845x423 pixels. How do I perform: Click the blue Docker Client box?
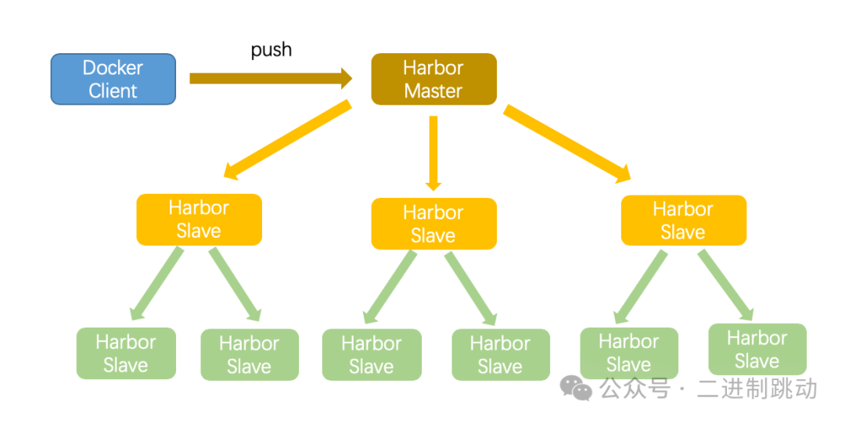pyautogui.click(x=113, y=79)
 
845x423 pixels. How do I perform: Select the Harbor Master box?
pyautogui.click(x=433, y=79)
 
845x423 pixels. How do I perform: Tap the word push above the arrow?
pyautogui.click(x=271, y=50)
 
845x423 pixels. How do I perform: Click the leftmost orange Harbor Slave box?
pyautogui.click(x=199, y=220)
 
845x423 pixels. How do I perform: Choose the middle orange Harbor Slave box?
pyautogui.click(x=433, y=224)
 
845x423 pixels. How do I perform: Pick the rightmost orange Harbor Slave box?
pyautogui.click(x=683, y=220)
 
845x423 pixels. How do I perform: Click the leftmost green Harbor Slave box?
pyautogui.click(x=126, y=353)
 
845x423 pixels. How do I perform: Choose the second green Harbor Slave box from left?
pyautogui.click(x=249, y=354)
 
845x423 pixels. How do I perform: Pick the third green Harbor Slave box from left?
pyautogui.click(x=372, y=354)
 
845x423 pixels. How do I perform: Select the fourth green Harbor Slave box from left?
pyautogui.click(x=500, y=354)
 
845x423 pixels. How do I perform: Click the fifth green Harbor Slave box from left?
pyautogui.click(x=629, y=353)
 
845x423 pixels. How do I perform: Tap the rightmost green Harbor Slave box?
pyautogui.click(x=757, y=349)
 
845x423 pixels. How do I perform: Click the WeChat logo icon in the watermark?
pyautogui.click(x=579, y=389)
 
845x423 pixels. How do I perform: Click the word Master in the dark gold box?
pyautogui.click(x=433, y=91)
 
